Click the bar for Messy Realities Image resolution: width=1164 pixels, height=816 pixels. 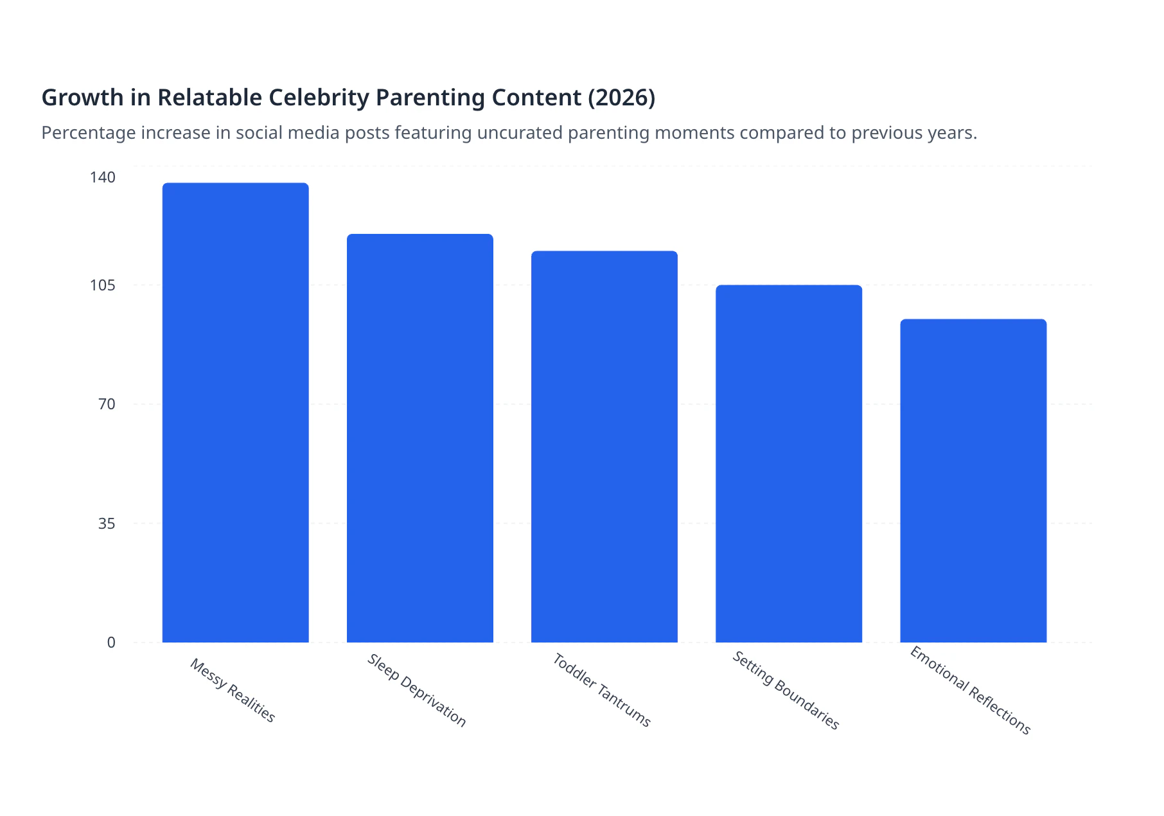[235, 412]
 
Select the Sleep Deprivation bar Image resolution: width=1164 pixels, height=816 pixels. [419, 438]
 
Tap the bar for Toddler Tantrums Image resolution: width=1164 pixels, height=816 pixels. [604, 447]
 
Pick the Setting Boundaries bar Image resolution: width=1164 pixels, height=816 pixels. [788, 463]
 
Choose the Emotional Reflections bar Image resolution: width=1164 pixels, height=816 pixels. [973, 481]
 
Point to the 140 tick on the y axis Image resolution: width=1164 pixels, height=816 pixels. [103, 177]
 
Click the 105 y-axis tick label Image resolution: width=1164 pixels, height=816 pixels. [103, 285]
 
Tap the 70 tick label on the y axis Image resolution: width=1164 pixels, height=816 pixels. [107, 404]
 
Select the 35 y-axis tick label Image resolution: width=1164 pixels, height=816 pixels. [107, 524]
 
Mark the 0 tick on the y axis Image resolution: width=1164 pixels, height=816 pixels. [111, 643]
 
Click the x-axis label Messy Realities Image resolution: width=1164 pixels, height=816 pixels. [233, 691]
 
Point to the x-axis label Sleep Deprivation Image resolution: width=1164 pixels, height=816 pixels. [416, 691]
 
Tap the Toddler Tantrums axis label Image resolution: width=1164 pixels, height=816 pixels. [602, 690]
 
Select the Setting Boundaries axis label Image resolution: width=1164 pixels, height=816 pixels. [786, 691]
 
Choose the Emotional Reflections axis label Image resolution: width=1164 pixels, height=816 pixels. [970, 691]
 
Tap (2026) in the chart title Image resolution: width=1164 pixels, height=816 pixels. [621, 98]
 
